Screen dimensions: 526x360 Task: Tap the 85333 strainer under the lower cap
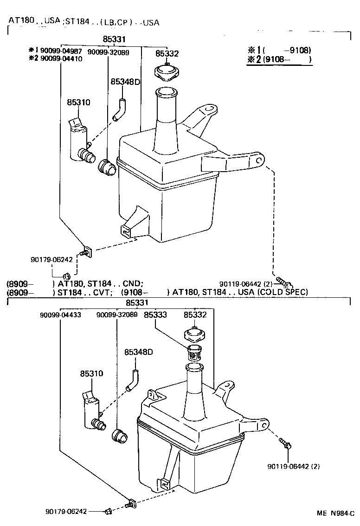(x=194, y=354)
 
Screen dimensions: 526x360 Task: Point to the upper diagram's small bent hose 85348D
(x=120, y=109)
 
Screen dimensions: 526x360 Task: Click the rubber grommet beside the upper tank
(x=107, y=167)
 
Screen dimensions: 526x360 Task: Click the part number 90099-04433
(x=60, y=314)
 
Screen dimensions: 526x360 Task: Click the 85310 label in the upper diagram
(x=78, y=103)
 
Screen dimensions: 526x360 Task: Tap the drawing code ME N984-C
(x=335, y=513)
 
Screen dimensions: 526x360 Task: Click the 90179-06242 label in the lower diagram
(x=66, y=511)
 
